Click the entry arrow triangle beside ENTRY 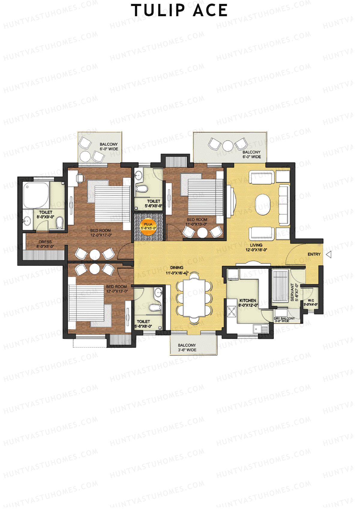(x=329, y=255)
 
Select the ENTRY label (x=314, y=254)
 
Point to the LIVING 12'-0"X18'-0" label (x=256, y=247)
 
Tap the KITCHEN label (x=248, y=303)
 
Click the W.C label (x=310, y=302)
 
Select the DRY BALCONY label (x=284, y=319)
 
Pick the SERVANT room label (x=294, y=292)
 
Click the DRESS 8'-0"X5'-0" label (x=45, y=244)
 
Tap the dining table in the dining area (x=194, y=298)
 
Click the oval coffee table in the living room (x=264, y=205)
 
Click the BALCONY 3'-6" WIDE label (x=187, y=348)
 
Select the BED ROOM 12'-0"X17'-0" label (x=100, y=233)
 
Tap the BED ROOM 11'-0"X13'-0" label (x=197, y=222)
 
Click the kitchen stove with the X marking (x=232, y=311)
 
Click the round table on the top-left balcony (x=85, y=155)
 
